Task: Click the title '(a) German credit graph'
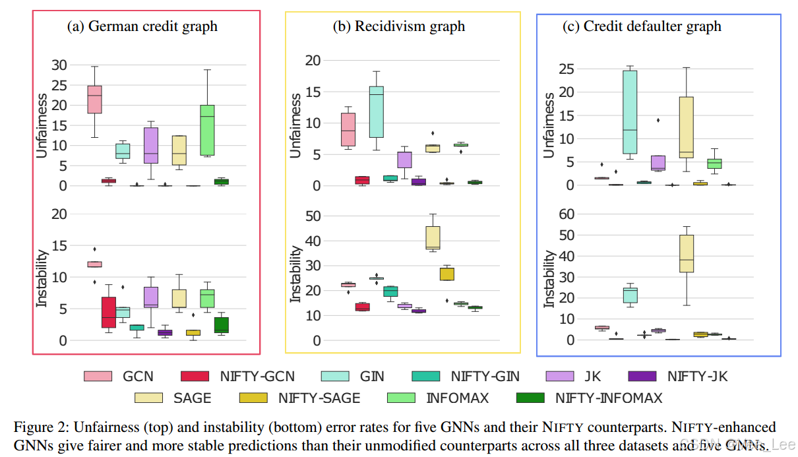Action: point(142,27)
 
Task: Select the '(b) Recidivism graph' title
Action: point(399,27)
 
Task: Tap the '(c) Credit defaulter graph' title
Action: point(642,27)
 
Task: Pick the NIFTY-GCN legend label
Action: point(257,377)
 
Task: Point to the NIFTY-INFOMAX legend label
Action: point(609,398)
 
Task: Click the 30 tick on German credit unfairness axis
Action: point(59,65)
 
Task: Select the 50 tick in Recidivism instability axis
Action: point(313,216)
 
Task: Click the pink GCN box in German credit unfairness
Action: point(95,99)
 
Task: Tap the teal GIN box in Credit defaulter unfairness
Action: point(630,111)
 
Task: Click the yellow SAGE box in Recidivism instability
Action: point(433,237)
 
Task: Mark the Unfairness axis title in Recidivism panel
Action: point(296,125)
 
